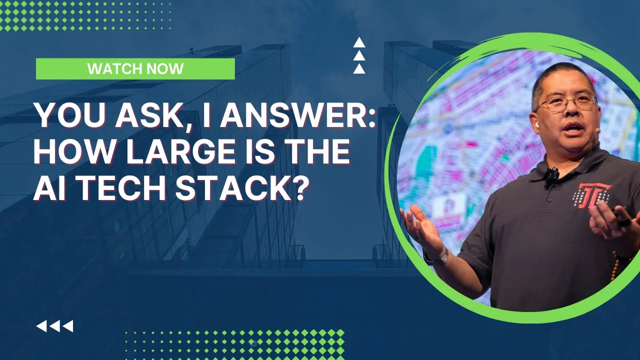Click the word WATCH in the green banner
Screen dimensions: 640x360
(110, 69)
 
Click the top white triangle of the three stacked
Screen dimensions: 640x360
(359, 42)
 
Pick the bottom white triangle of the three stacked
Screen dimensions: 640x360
(359, 69)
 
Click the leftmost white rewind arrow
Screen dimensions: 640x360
(41, 326)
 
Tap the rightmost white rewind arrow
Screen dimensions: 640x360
(68, 326)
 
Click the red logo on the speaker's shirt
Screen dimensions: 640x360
(591, 195)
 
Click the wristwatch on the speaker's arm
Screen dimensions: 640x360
(435, 255)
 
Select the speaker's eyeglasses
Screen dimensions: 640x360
(567, 103)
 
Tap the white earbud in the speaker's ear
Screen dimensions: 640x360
(537, 125)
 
